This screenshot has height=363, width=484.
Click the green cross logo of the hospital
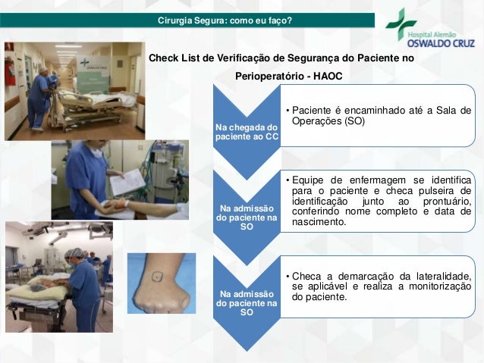(x=401, y=23)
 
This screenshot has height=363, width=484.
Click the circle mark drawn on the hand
(x=156, y=276)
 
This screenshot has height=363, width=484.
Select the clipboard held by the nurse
(x=127, y=182)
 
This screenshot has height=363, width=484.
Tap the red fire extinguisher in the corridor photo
(x=9, y=74)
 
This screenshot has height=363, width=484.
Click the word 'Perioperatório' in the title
(x=269, y=77)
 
